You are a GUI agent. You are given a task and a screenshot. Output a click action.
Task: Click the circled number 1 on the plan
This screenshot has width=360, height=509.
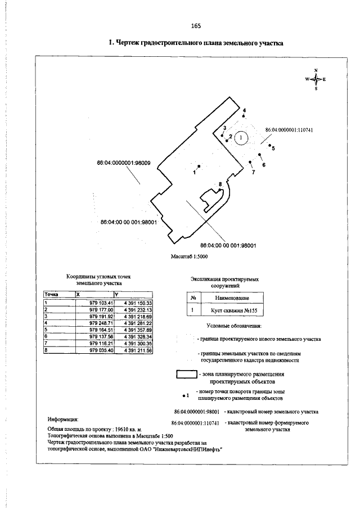tap(241, 137)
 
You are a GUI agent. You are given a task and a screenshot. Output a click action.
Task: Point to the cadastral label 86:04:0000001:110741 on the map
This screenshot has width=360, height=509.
tap(289, 130)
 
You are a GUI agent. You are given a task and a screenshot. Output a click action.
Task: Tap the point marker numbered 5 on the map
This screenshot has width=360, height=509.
tap(270, 145)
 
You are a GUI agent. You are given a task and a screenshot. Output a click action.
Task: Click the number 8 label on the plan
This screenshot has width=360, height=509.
tap(220, 184)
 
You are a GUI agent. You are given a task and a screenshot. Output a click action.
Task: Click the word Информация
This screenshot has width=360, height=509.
tap(63, 420)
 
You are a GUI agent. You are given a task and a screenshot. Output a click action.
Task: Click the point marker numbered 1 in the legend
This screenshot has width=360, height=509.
tap(185, 394)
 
